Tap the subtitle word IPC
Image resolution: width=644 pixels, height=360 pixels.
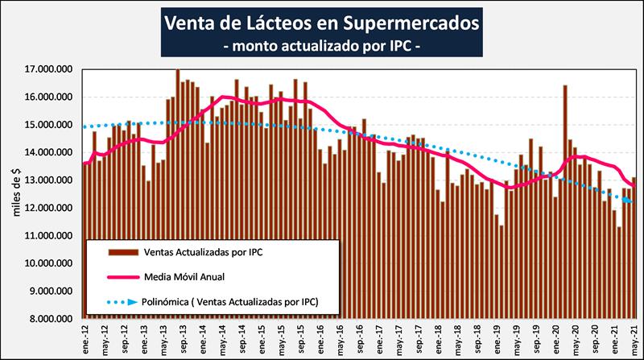click(399, 46)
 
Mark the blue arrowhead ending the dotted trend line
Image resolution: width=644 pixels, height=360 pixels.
click(629, 201)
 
